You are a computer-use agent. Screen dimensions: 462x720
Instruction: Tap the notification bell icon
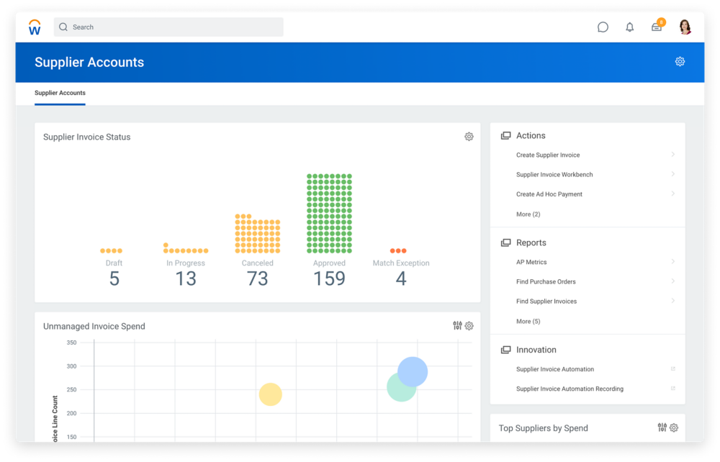click(630, 27)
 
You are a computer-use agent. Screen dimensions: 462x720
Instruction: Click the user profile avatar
click(685, 27)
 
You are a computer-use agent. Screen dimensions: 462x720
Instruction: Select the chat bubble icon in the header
click(603, 27)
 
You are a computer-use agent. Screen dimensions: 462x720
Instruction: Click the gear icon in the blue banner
click(680, 62)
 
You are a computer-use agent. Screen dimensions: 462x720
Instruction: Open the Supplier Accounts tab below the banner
click(60, 93)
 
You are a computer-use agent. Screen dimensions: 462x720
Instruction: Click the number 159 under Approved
click(329, 279)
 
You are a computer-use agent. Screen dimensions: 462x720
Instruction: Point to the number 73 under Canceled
click(257, 279)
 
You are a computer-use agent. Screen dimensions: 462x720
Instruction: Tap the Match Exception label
click(401, 263)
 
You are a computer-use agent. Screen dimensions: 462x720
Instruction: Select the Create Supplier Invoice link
click(548, 155)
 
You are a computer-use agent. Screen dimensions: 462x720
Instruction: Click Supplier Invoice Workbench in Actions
click(554, 175)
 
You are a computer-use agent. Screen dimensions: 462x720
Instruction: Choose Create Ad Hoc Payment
click(549, 194)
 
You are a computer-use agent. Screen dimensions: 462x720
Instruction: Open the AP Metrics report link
click(531, 263)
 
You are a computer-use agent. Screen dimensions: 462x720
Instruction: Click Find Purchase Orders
click(546, 282)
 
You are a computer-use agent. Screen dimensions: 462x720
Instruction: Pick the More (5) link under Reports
click(528, 322)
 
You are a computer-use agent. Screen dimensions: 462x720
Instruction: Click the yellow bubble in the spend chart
click(270, 394)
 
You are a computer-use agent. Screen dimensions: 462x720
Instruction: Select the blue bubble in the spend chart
click(413, 371)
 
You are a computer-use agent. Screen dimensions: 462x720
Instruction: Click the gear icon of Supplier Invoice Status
click(469, 137)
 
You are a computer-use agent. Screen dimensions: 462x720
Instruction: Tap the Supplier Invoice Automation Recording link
click(570, 389)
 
